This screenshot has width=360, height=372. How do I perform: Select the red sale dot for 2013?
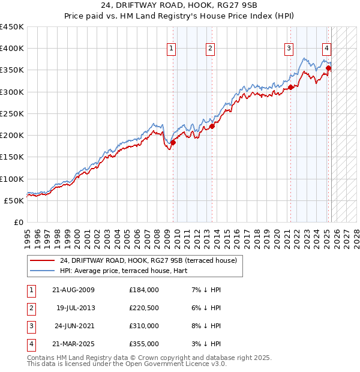coord(212,126)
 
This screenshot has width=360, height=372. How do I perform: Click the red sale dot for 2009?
coord(173,142)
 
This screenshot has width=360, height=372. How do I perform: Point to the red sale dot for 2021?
coord(290,87)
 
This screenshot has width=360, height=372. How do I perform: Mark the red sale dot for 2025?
coord(328,68)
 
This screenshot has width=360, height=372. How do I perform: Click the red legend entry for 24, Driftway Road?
coord(149,260)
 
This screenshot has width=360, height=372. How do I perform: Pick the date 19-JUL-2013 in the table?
coord(76,308)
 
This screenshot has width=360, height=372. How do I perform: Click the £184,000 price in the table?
coord(144,290)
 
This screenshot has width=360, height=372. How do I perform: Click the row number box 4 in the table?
coord(30,344)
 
